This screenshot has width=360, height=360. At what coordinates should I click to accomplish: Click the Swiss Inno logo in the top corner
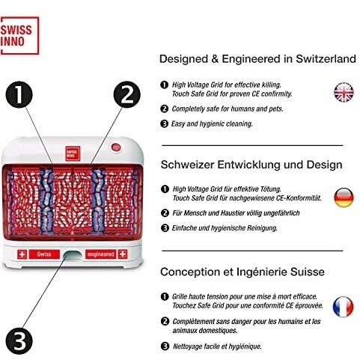pyautogui.click(x=19, y=35)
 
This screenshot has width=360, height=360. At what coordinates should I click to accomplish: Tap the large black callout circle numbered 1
pyautogui.click(x=19, y=95)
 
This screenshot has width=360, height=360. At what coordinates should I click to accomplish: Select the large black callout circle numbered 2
pyautogui.click(x=127, y=94)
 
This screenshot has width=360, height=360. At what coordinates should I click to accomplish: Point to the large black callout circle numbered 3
pyautogui.click(x=19, y=341)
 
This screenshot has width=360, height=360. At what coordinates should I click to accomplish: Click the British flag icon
pyautogui.click(x=344, y=92)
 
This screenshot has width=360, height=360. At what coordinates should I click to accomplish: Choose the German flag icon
pyautogui.click(x=344, y=198)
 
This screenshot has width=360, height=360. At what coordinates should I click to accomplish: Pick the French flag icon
pyautogui.click(x=344, y=307)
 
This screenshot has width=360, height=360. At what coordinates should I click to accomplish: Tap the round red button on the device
pyautogui.click(x=116, y=147)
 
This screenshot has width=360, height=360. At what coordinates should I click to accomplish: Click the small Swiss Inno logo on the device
pyautogui.click(x=73, y=153)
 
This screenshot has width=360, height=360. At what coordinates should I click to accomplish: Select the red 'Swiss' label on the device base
pyautogui.click(x=44, y=254)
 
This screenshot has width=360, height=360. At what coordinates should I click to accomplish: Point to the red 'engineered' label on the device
pyautogui.click(x=100, y=254)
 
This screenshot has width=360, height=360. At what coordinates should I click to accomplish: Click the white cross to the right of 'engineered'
pyautogui.click(x=123, y=254)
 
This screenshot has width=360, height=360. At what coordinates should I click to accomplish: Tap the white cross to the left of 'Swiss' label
pyautogui.click(x=22, y=254)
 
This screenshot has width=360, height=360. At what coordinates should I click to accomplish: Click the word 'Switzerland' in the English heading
pyautogui.click(x=326, y=59)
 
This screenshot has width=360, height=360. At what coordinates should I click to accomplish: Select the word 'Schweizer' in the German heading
pyautogui.click(x=187, y=165)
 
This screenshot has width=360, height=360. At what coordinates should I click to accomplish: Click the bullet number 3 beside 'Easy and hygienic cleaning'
pyautogui.click(x=164, y=123)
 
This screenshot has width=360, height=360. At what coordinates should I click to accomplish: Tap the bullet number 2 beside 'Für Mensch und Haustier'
pyautogui.click(x=165, y=213)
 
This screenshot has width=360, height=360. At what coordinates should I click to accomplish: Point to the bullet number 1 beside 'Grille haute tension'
pyautogui.click(x=165, y=296)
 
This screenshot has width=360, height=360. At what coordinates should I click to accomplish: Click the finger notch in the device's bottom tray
pyautogui.click(x=73, y=255)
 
